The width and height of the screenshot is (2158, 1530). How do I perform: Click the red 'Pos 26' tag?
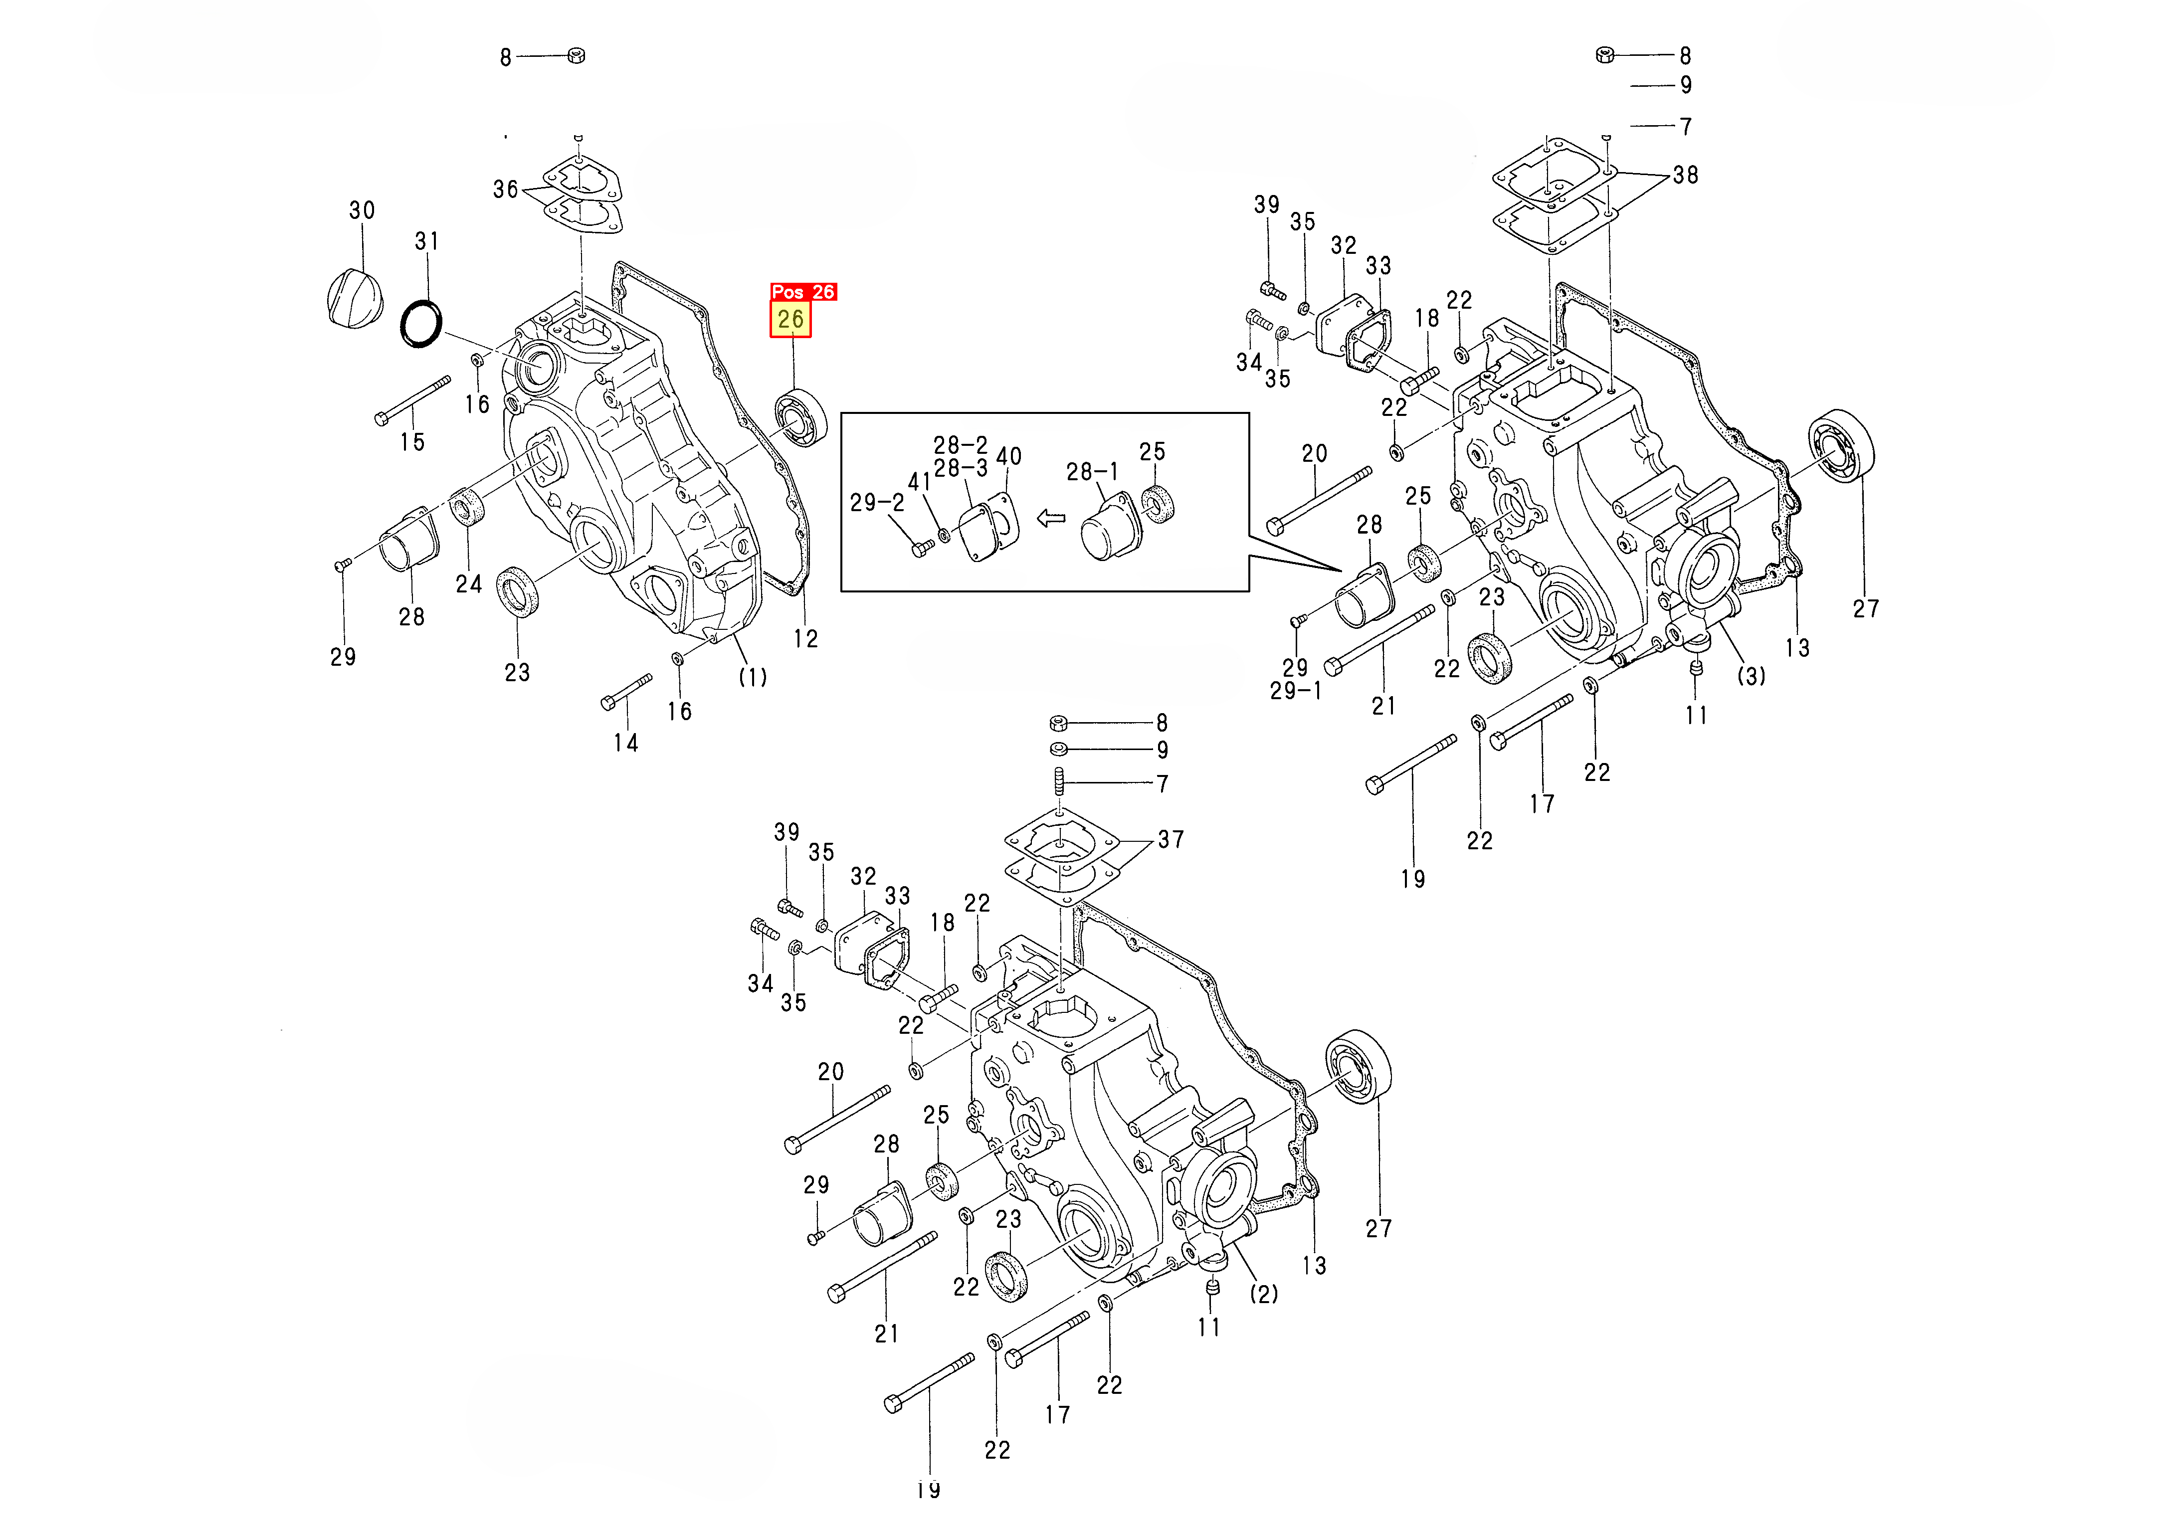pyautogui.click(x=802, y=292)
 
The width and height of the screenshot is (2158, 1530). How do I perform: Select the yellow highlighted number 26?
pyautogui.click(x=790, y=319)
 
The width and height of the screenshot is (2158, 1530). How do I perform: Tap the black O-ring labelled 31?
pyautogui.click(x=421, y=323)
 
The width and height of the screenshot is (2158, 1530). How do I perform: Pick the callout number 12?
pyautogui.click(x=805, y=639)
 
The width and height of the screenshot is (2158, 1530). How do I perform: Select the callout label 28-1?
pyautogui.click(x=1093, y=472)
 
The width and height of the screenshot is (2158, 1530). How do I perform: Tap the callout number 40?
pyautogui.click(x=1009, y=457)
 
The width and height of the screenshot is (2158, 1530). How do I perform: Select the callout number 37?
pyautogui.click(x=1171, y=839)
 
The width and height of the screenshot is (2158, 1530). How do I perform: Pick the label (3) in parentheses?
pyautogui.click(x=1751, y=676)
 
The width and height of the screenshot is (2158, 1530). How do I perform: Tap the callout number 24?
pyautogui.click(x=469, y=584)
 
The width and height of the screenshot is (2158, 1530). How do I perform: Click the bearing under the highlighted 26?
pyautogui.click(x=800, y=417)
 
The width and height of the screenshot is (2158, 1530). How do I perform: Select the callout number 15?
pyautogui.click(x=412, y=442)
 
